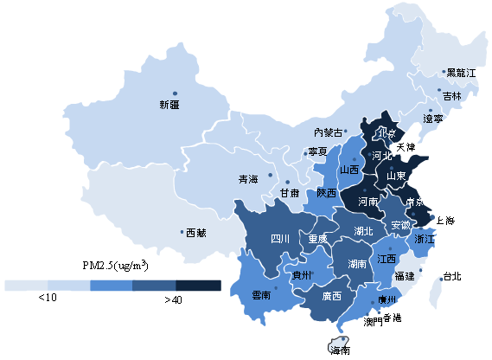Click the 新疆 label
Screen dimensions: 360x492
pos(169,105)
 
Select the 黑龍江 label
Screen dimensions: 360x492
pos(461,74)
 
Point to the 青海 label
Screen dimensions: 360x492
pos(248,179)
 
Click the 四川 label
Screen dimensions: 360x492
pos(280,238)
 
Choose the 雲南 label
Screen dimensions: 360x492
pos(261,295)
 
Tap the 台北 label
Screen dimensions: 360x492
pos(451,277)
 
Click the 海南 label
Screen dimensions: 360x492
pos(340,350)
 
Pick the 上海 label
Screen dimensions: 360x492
pos(447,221)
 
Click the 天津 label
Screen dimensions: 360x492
pos(406,148)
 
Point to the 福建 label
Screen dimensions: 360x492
pos(404,276)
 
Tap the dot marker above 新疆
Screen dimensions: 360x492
pos(175,93)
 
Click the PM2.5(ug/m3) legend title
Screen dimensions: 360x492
pos(115,265)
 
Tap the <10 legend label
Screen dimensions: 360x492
pos(48,298)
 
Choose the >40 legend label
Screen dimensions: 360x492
pos(173,299)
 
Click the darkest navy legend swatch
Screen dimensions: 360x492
pos(198,285)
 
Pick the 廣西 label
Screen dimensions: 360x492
pos(330,295)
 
